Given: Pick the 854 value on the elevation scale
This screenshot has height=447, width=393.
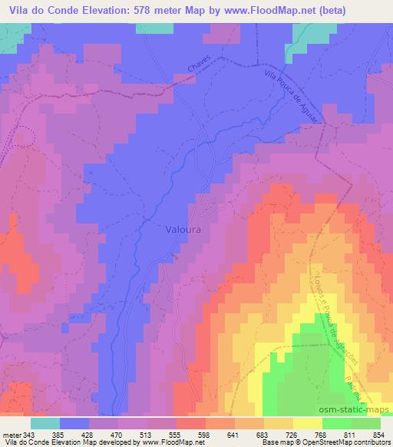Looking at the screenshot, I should coord(378,433).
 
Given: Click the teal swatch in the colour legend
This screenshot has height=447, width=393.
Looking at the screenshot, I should coord(45,423).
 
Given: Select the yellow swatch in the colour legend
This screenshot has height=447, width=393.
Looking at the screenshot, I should coord(308,423).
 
